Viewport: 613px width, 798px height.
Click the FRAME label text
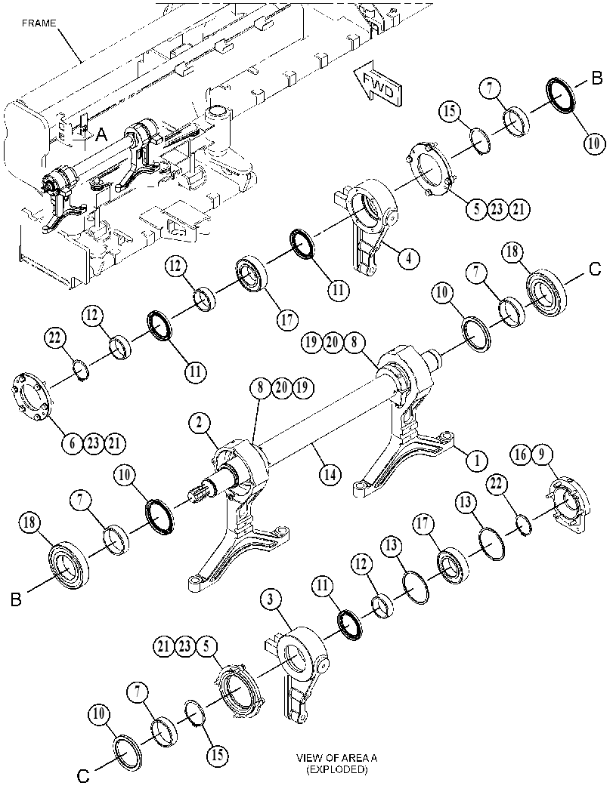[x=39, y=23]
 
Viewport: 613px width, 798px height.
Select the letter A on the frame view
[x=101, y=135]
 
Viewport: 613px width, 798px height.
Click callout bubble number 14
[x=330, y=474]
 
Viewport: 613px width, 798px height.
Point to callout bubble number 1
[x=477, y=461]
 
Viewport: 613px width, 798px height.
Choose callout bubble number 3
[x=271, y=600]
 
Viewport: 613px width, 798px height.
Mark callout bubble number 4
[x=408, y=258]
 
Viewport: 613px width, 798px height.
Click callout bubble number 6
[x=72, y=443]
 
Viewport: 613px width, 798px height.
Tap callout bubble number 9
[x=542, y=454]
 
